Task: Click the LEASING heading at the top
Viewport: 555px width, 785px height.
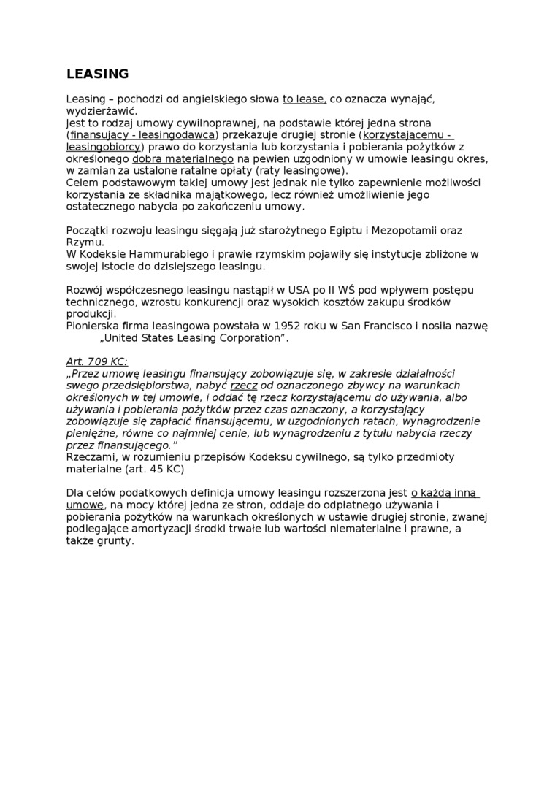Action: pyautogui.click(x=97, y=74)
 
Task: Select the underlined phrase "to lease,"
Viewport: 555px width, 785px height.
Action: pyautogui.click(x=305, y=99)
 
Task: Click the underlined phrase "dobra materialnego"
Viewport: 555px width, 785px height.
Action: pyautogui.click(x=183, y=158)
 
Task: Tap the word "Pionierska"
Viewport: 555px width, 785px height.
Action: pyautogui.click(x=93, y=326)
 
